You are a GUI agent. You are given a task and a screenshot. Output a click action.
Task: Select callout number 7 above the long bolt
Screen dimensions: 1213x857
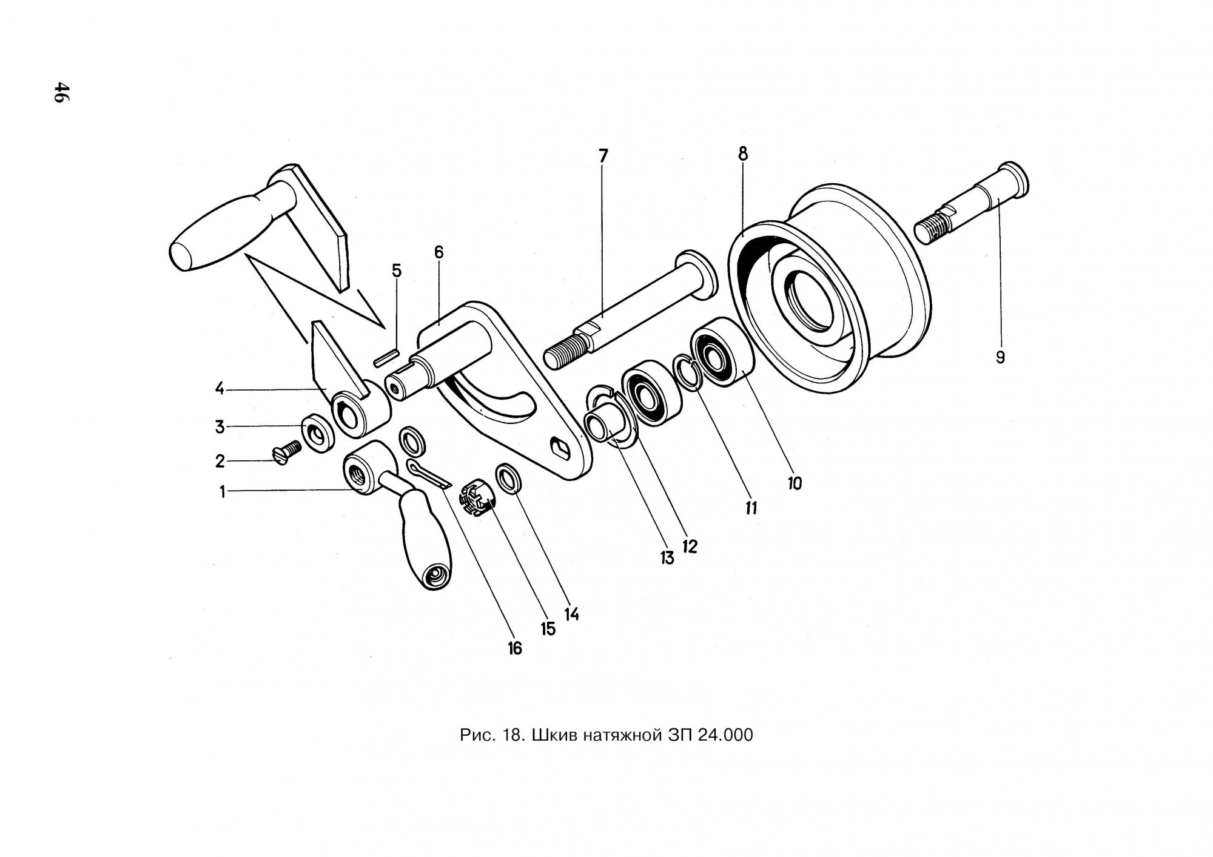pos(602,156)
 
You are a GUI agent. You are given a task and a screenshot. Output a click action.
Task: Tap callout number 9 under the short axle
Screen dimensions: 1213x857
pos(1000,357)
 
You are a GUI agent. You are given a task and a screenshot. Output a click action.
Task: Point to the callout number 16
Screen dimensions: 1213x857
pos(514,648)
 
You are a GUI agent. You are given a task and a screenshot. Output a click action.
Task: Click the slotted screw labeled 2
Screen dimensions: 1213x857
pos(288,452)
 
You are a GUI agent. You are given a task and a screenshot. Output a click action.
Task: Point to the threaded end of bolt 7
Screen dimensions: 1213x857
pos(566,355)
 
